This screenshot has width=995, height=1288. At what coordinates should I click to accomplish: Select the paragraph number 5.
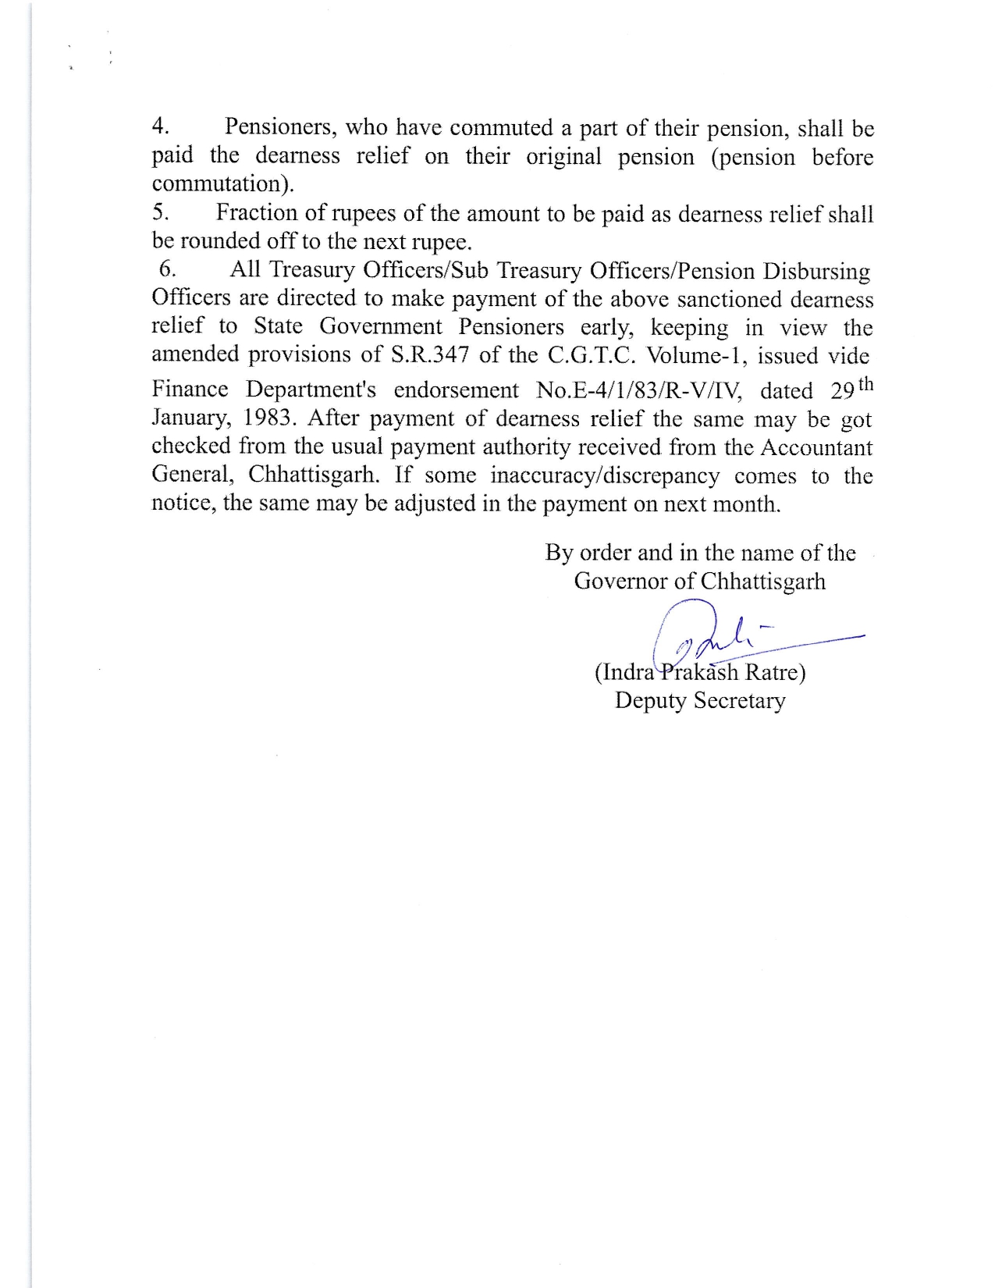coord(160,212)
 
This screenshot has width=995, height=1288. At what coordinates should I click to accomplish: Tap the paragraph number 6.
coord(167,269)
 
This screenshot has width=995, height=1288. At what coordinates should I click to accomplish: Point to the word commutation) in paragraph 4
coord(223,184)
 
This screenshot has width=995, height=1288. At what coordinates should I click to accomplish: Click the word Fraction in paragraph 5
coord(257,212)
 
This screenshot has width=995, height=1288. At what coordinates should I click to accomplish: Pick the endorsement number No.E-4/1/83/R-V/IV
coord(640,390)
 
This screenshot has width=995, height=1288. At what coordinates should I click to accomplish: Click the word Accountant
coord(816,447)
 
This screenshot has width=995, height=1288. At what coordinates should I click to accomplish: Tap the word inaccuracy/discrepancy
coord(605,475)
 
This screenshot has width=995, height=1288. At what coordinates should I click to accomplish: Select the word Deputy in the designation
coord(651,700)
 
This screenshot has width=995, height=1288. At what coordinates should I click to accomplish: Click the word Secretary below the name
coord(740,700)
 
